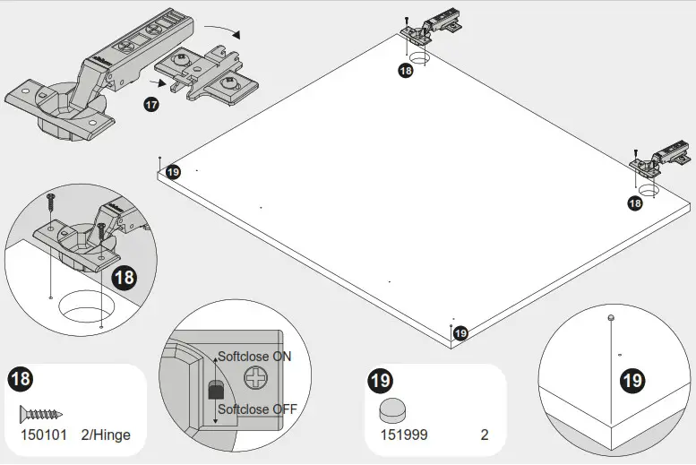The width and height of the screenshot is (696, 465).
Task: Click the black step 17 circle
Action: [x=151, y=105]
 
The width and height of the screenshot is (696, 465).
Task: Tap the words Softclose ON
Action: [x=255, y=357]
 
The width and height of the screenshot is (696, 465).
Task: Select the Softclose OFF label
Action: [x=258, y=410]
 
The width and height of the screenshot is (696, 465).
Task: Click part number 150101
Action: [x=42, y=435]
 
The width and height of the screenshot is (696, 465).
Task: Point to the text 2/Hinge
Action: [x=106, y=435]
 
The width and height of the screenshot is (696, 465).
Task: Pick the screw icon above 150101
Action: [x=41, y=414]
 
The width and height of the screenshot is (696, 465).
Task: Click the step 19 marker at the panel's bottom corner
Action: [x=460, y=333]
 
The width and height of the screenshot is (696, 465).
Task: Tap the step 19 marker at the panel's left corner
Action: [x=173, y=172]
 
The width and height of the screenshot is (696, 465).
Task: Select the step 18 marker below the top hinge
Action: [x=405, y=70]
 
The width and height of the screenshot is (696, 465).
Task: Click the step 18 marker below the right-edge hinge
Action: [x=634, y=203]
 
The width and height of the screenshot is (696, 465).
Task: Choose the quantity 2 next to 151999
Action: [x=485, y=435]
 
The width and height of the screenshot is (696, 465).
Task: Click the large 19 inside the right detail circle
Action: [x=632, y=381]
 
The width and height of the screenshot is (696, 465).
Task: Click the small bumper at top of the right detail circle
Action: [x=609, y=317]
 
